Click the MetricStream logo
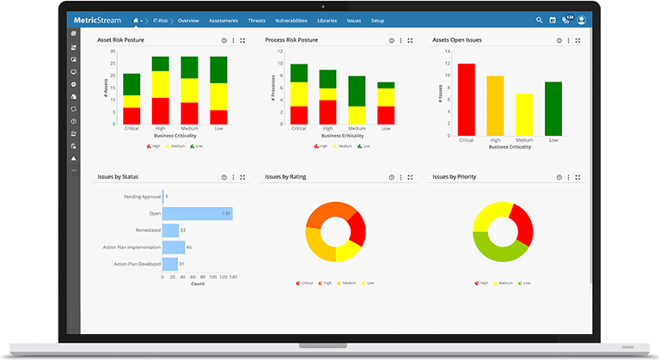coord(97,19)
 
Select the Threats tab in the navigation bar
coord(256,20)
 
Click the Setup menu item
coord(377,20)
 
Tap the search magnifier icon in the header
coord(540,20)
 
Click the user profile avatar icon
coord(582,20)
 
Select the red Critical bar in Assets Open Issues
coord(467,99)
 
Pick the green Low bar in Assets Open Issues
coord(553,108)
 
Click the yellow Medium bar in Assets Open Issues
coord(524,114)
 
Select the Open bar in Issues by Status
coord(198,213)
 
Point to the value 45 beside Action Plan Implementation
coord(189,247)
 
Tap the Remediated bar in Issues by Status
coord(169,230)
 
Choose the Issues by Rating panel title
coord(285,177)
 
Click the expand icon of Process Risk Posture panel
coord(410,40)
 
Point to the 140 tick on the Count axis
coord(232,277)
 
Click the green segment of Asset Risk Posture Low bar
coord(219,70)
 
